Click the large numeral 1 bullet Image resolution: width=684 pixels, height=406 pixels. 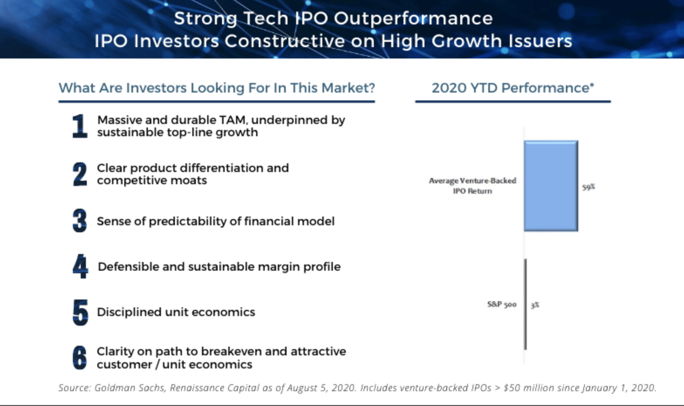point(80,126)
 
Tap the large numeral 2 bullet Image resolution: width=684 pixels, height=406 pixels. point(80,174)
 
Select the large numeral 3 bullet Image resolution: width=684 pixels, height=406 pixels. point(80,220)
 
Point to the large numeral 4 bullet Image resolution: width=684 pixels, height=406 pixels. point(80,266)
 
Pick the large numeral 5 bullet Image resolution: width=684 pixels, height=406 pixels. point(80,312)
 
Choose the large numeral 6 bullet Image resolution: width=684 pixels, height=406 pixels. point(80,358)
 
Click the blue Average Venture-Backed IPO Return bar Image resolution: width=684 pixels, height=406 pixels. point(551,186)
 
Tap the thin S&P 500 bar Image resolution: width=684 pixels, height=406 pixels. point(526,304)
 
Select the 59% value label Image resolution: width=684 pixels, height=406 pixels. point(588,187)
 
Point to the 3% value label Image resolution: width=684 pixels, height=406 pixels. point(535,305)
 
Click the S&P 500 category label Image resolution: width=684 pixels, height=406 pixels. point(502,304)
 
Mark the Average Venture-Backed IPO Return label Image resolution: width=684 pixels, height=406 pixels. point(472,186)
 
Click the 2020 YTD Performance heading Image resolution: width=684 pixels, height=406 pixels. point(513,88)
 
